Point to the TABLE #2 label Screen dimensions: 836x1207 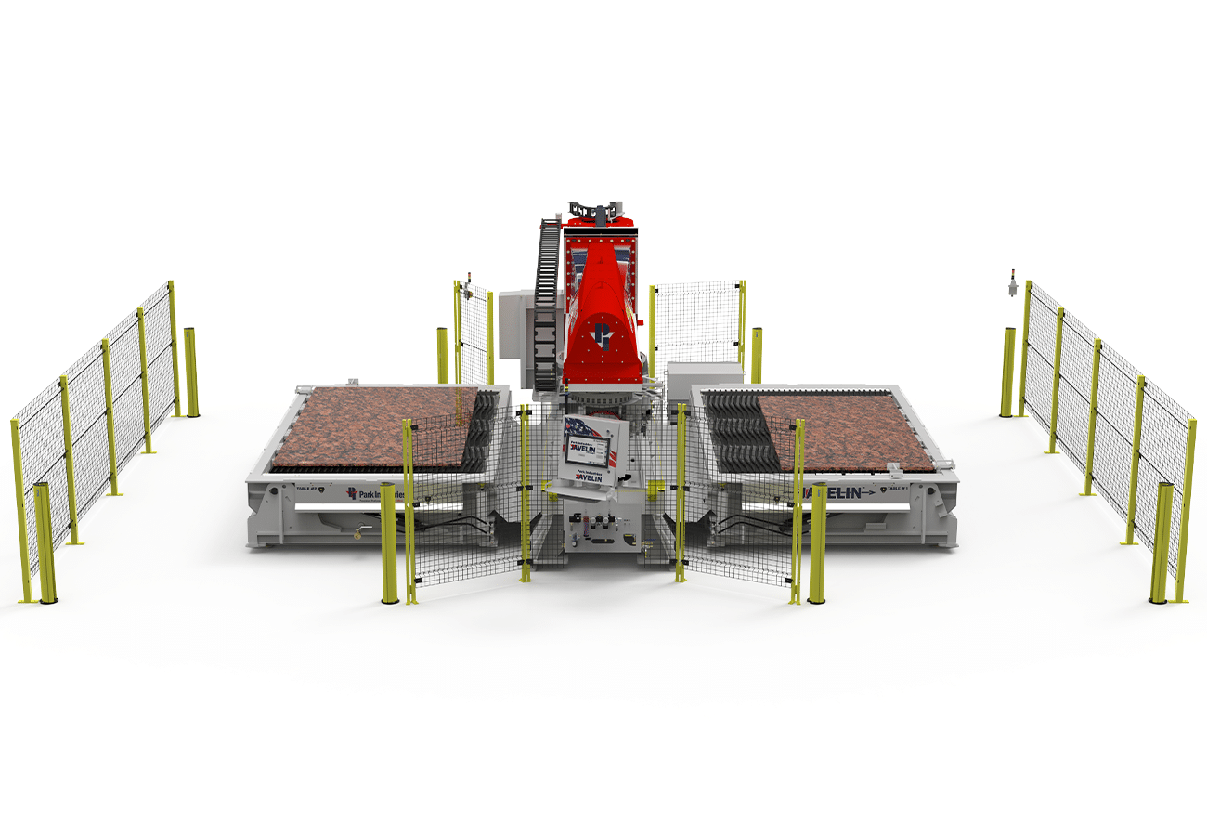(x=294, y=487)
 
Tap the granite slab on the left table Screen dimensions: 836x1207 (x=381, y=425)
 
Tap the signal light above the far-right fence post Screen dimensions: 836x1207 (x=1012, y=283)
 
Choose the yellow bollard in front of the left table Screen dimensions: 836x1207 (x=388, y=543)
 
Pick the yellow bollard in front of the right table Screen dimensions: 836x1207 (x=817, y=543)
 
